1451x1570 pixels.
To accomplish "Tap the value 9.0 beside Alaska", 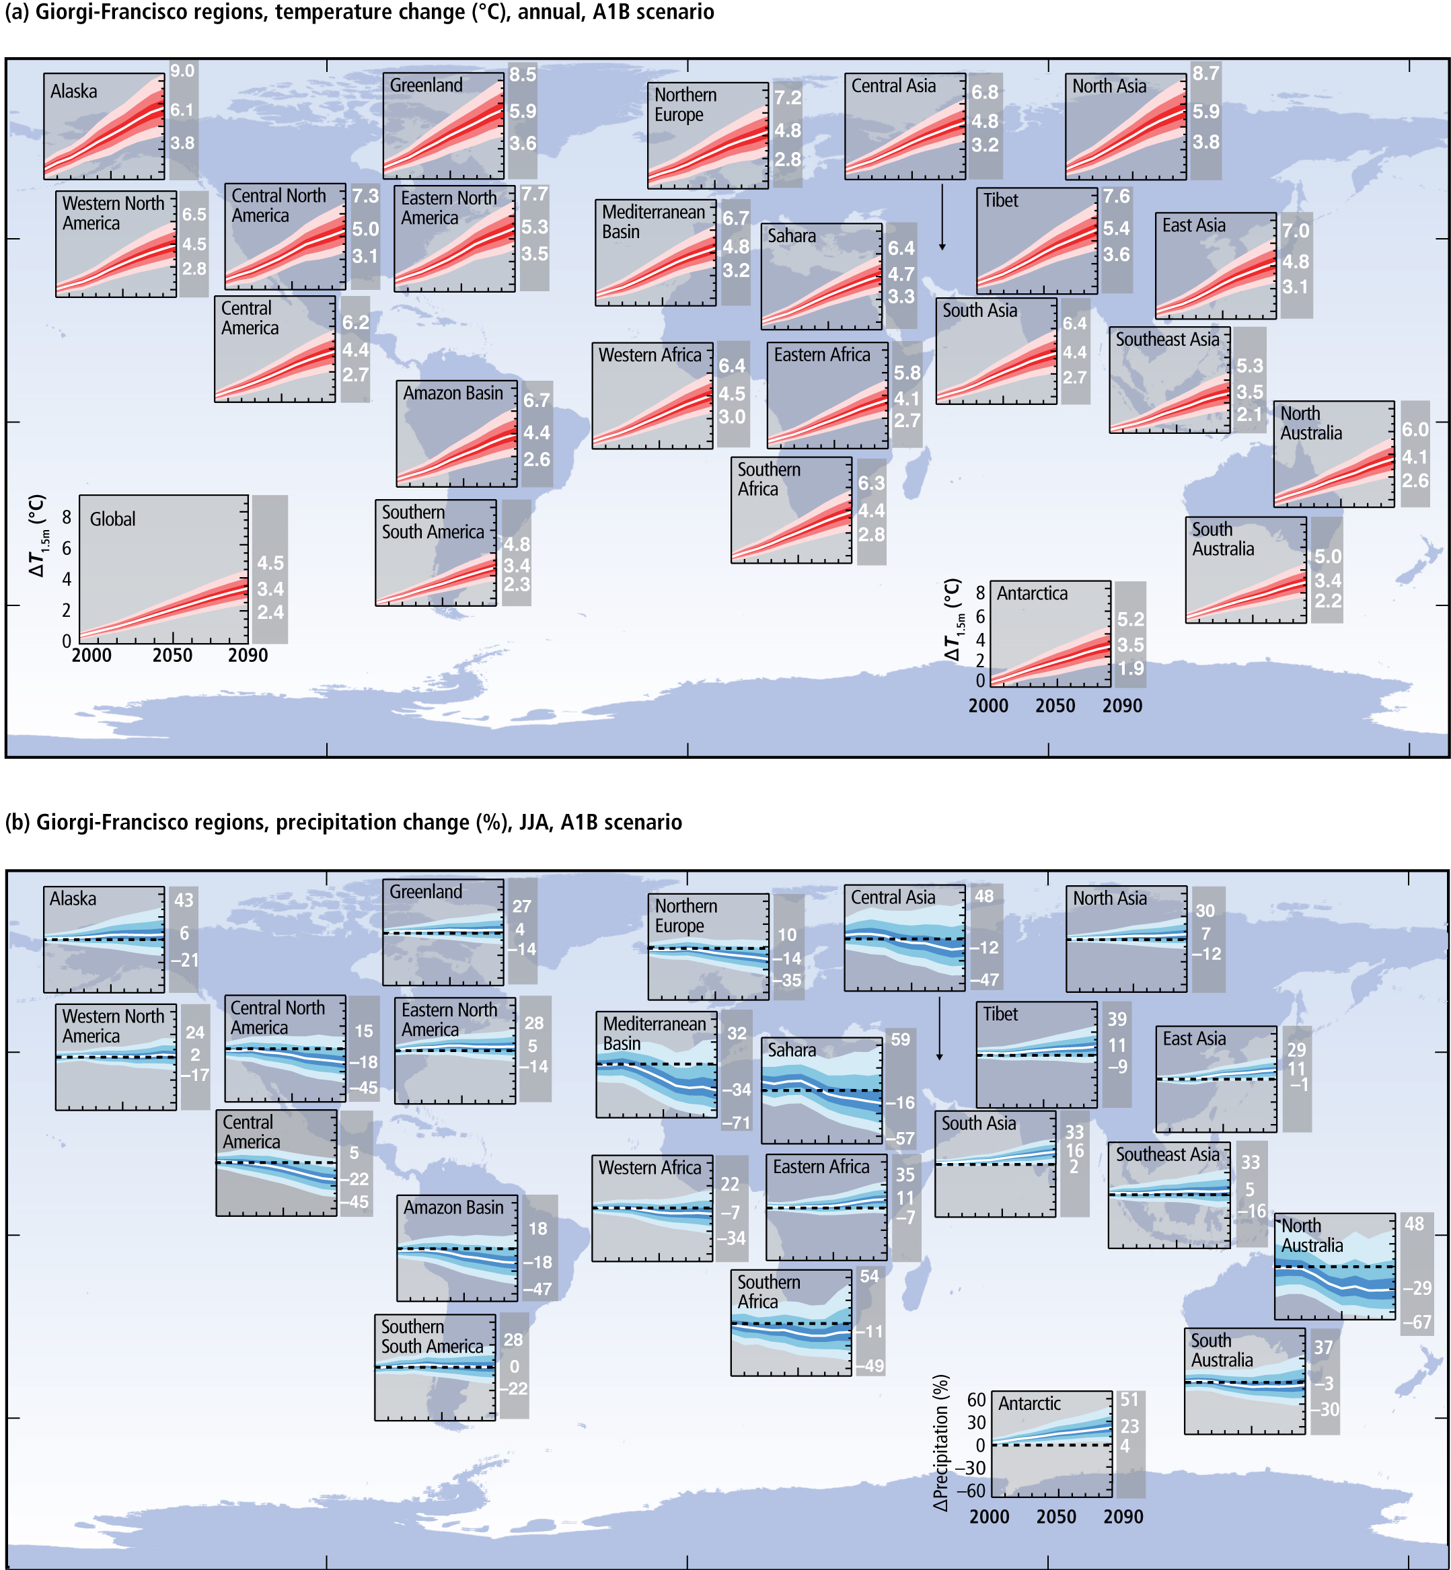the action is (182, 71).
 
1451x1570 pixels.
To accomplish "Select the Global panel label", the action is (112, 519).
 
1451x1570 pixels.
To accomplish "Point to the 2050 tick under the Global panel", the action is (172, 655).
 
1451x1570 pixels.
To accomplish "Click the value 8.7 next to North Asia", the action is (1206, 74).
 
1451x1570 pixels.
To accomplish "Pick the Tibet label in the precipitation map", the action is (1000, 1014).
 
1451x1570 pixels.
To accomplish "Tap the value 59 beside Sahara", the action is (901, 1039).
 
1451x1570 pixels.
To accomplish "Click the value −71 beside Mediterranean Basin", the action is (737, 1123).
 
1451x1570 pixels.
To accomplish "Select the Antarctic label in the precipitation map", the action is (1029, 1404).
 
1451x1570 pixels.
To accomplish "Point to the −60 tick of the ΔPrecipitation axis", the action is (975, 1491).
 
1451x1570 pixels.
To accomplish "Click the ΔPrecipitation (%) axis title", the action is (941, 1443).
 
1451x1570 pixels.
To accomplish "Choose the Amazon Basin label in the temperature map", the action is (453, 394).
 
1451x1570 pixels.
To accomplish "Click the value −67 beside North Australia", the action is (1417, 1322).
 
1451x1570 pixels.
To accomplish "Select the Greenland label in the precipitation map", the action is (426, 892).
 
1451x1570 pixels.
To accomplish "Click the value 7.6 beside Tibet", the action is (1117, 196).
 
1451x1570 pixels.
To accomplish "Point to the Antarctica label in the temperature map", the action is (1033, 593).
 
